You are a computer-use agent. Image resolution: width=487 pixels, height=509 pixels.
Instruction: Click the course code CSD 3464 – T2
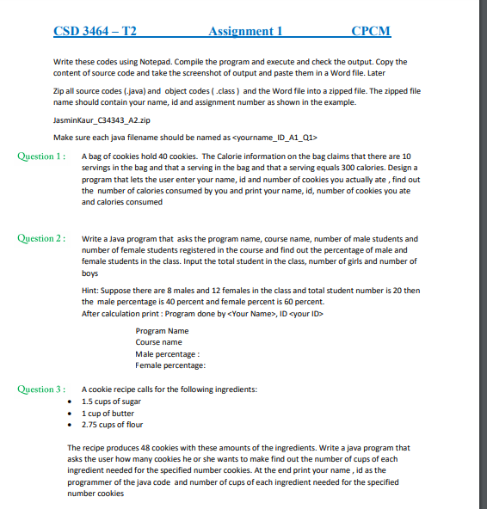pos(95,32)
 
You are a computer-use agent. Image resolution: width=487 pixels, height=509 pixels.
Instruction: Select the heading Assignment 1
pos(245,32)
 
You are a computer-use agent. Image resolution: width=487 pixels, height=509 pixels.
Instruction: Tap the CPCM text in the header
pos(371,32)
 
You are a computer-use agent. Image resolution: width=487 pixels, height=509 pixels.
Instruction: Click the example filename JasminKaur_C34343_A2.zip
pos(102,122)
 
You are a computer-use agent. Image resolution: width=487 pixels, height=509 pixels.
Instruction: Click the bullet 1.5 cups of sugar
pos(112,402)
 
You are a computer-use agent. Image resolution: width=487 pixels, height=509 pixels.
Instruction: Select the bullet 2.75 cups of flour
pos(112,425)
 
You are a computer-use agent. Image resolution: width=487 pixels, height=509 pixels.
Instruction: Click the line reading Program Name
pos(162,331)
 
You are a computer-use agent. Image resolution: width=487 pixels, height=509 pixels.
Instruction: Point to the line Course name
pos(159,342)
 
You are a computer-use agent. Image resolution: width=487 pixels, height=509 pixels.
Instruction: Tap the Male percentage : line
pos(169,354)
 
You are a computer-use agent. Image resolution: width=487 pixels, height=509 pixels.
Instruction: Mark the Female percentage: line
pos(171,365)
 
